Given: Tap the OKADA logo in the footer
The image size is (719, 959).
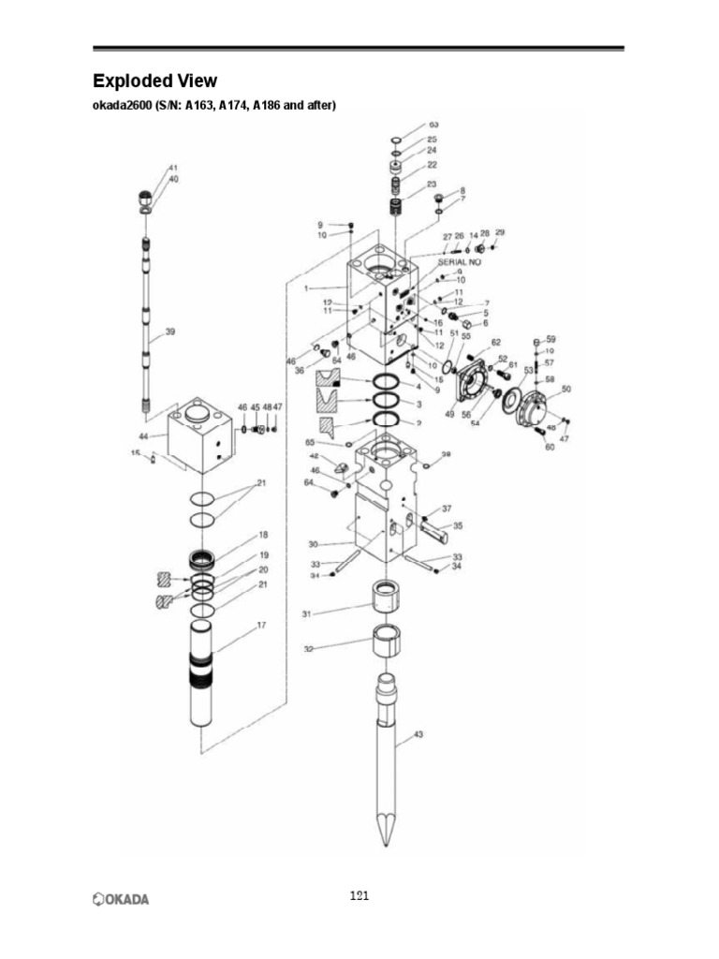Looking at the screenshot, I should pos(121,899).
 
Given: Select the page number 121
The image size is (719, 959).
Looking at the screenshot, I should pos(359,896).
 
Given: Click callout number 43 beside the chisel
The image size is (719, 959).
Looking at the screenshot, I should pos(418,734).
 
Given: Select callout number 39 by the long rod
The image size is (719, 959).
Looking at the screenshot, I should pos(169,331).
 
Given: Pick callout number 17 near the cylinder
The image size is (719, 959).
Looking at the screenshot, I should pos(261,626).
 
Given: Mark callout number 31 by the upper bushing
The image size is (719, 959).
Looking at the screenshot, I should pos(306,613).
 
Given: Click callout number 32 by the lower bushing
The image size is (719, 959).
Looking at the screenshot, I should pos(309,648).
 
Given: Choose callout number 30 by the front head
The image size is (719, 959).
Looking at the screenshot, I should pos(313,544).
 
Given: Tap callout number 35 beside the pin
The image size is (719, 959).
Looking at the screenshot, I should pos(458,526).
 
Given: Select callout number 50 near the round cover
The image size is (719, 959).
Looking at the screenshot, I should pos(565,389).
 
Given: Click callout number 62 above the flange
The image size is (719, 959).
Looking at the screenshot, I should pos(496,342).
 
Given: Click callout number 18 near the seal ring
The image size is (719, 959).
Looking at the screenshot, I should pos(264,536).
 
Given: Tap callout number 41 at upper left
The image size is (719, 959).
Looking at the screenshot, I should pos(173,168).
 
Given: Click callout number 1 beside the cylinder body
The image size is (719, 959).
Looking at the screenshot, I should pos(306,288).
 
